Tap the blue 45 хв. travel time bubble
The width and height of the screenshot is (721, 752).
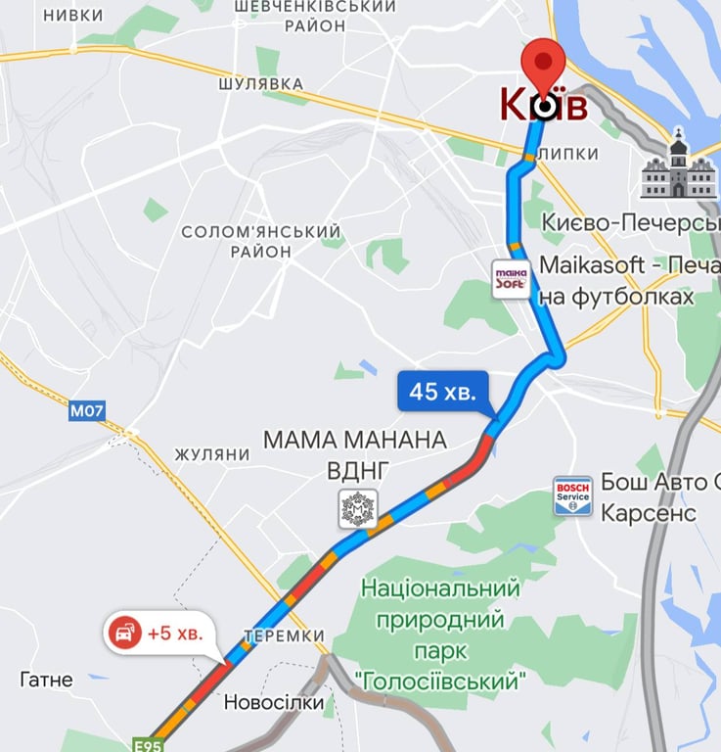click(443, 392)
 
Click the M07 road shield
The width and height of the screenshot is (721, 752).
click(86, 412)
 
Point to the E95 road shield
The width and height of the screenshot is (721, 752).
click(148, 745)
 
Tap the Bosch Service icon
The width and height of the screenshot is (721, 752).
click(572, 496)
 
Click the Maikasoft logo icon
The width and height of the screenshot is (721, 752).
click(511, 279)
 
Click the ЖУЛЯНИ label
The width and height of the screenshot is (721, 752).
click(212, 455)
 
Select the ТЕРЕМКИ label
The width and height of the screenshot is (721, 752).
click(284, 635)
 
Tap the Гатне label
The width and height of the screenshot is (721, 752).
click(46, 679)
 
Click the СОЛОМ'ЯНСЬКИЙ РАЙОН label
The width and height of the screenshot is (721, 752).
click(261, 241)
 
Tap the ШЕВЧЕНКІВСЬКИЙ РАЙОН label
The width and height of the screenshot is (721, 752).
click(315, 16)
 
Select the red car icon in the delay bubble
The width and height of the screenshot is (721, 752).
click(125, 634)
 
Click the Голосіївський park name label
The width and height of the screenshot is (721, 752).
click(440, 634)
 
